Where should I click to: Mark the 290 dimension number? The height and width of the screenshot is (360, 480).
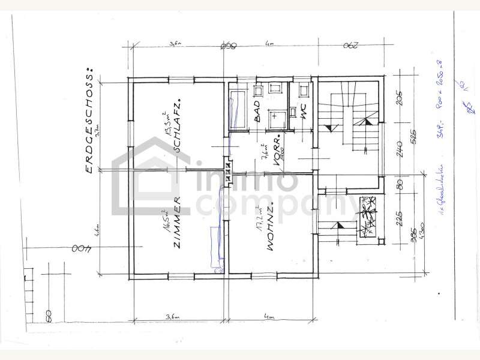[352, 46]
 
